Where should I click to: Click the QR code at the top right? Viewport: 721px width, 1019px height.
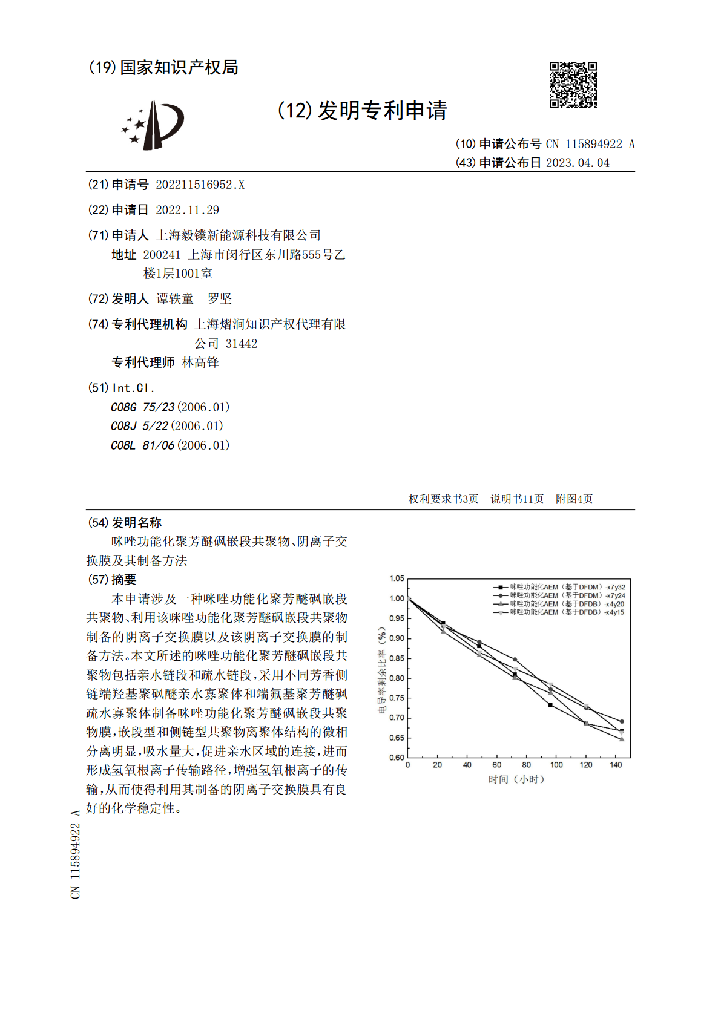573,85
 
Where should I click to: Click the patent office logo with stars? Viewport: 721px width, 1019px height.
153,125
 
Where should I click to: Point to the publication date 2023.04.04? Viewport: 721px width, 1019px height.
578,163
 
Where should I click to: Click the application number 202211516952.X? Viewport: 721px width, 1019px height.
200,185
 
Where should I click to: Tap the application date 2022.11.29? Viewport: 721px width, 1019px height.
187,210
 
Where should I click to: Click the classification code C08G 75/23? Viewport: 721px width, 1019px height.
142,407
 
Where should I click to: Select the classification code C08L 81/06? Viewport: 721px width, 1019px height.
142,445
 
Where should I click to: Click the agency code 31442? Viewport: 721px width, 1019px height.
242,344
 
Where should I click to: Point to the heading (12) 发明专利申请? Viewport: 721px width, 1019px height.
362,111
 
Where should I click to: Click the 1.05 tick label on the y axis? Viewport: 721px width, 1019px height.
397,578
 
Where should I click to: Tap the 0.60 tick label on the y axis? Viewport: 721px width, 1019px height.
397,758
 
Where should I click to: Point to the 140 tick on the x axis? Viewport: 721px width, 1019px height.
616,765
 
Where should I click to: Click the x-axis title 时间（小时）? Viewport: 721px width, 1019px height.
516,779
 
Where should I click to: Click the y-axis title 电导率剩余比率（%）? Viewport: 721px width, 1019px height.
381,670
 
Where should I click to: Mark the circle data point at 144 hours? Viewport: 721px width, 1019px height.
622,721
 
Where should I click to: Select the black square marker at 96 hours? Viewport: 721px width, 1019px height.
550,705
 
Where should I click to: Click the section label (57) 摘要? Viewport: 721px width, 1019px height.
113,580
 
